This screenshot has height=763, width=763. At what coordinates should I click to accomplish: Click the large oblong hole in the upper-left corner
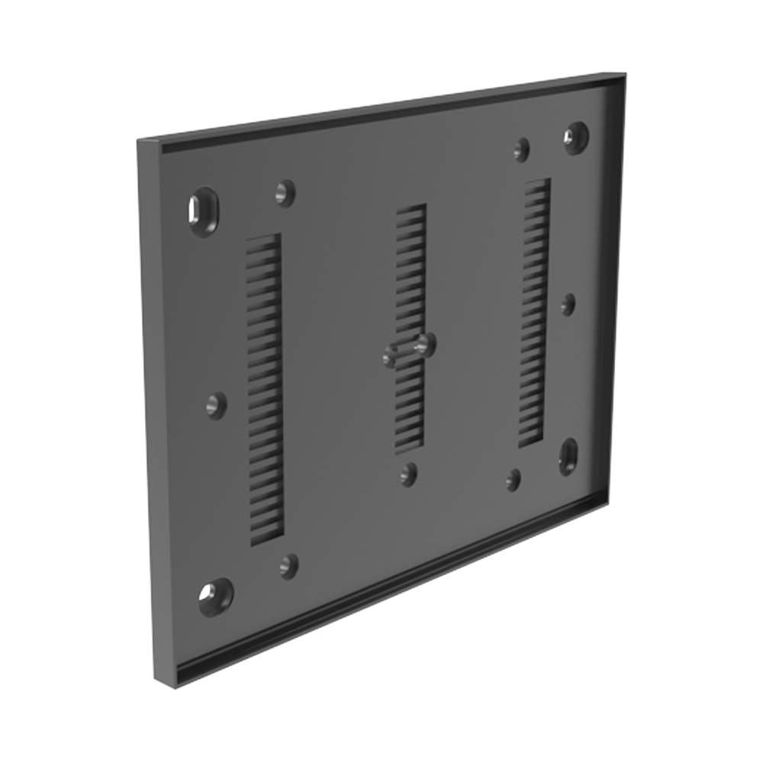204,211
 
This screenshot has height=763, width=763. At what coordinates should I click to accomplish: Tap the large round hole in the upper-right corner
576,137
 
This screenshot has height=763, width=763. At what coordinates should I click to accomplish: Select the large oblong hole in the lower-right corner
568,456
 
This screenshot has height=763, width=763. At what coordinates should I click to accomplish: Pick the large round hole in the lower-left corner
215,596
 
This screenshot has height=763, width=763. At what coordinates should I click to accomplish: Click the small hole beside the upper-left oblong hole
285,192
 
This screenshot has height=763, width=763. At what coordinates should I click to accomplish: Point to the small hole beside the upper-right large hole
522,149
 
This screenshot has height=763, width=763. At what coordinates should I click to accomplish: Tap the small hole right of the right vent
568,304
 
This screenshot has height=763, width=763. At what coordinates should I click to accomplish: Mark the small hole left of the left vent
217,405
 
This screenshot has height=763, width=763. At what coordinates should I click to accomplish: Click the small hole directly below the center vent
409,474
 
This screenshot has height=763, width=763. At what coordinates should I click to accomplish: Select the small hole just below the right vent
513,479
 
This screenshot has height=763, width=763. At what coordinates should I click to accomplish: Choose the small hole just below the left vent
288,565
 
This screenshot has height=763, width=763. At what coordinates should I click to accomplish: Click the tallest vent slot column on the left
265,389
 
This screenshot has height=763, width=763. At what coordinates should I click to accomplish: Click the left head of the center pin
391,355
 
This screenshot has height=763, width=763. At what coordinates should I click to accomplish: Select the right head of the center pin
428,345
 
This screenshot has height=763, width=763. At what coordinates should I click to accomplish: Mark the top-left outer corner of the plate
139,141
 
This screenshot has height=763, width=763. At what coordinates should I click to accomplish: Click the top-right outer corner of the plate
625,74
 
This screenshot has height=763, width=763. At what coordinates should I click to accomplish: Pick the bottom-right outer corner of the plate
609,504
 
